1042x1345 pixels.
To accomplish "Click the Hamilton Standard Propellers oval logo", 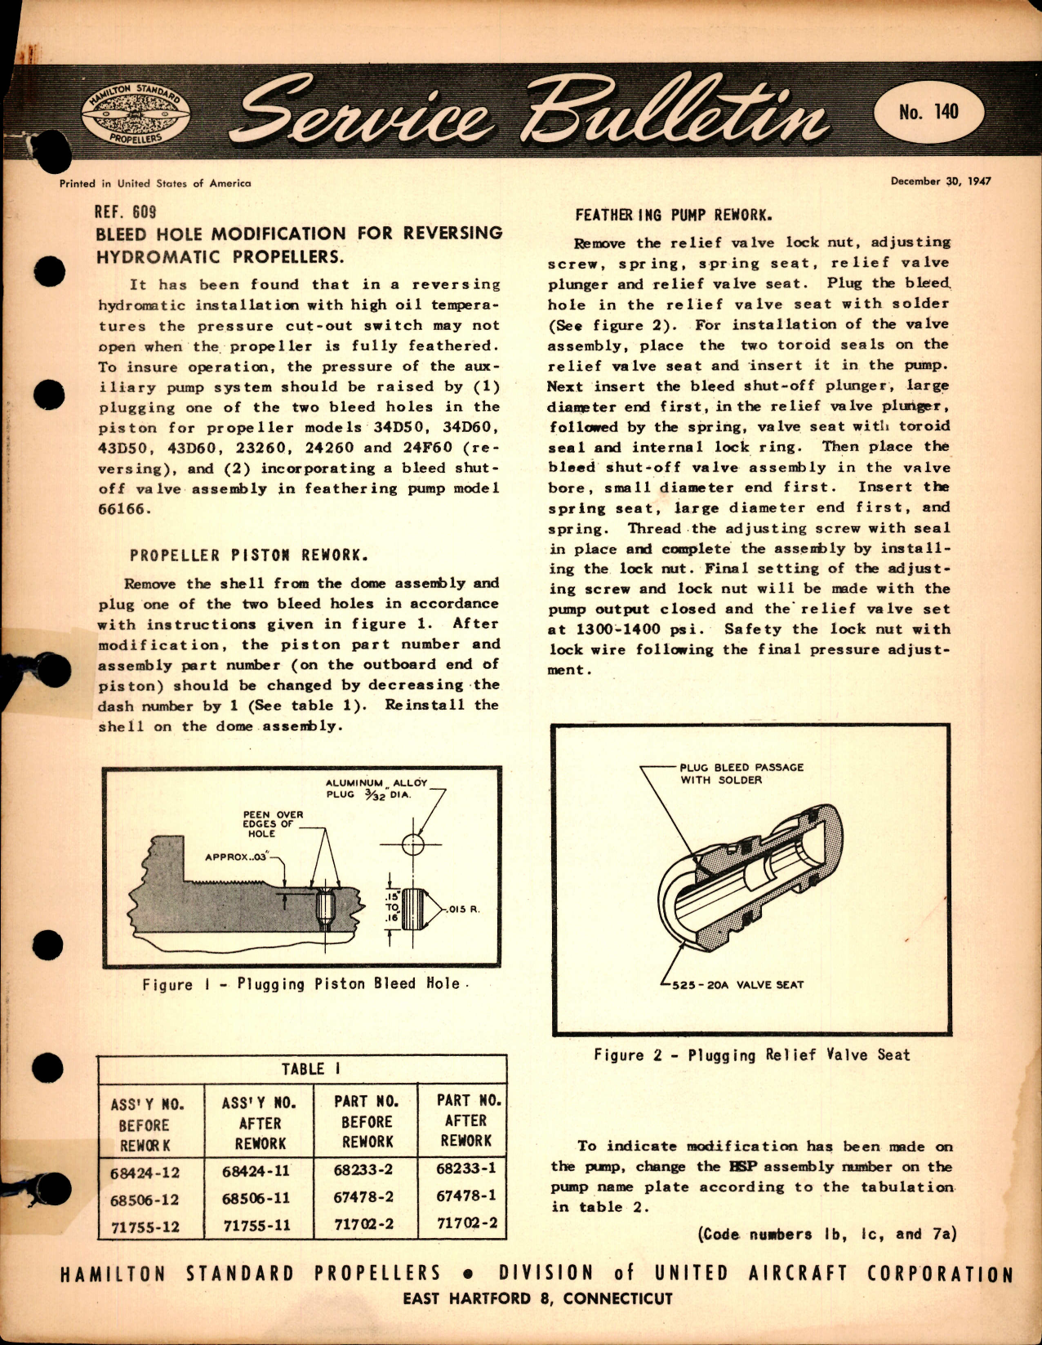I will pos(136,114).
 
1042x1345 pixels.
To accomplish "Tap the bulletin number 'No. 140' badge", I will pos(928,112).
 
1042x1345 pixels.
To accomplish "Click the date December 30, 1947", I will pos(941,181).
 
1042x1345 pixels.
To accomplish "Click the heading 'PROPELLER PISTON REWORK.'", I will pos(249,555).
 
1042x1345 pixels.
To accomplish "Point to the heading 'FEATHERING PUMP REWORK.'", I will pos(674,216).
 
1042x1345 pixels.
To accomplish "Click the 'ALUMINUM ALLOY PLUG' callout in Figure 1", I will pos(376,788).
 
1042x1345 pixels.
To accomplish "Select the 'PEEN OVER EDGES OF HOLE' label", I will pos(273,823).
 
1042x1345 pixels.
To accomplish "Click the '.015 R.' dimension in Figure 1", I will pos(463,908).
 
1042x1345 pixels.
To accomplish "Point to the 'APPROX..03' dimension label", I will pos(237,857).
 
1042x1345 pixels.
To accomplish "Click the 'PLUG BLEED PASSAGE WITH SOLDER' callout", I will pos(741,773).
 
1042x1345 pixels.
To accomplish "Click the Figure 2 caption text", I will pos(751,1055).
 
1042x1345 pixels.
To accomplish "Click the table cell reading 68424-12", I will pos(145,1173).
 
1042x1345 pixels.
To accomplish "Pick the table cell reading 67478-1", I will pos(465,1196).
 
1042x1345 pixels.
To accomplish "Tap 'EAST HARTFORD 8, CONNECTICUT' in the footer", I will pos(537,1298).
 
